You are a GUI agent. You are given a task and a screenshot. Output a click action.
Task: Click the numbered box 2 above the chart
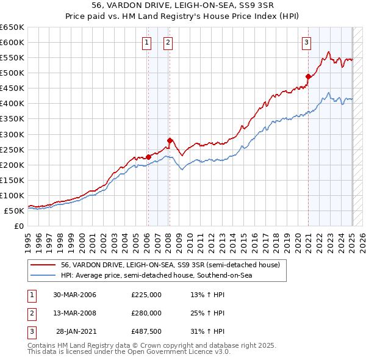pos(168,42)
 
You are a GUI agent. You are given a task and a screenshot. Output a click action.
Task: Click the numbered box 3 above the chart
pos(306,42)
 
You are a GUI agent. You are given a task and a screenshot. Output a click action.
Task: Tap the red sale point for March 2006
pos(148,157)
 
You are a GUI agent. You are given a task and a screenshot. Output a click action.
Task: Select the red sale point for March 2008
pos(170,140)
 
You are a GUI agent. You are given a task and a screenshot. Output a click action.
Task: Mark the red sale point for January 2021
pos(309,77)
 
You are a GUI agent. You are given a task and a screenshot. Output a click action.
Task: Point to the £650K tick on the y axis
pos(12,27)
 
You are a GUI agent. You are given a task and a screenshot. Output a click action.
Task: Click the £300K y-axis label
pos(12,134)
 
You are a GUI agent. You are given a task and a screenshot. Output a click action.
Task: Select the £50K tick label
pos(14,211)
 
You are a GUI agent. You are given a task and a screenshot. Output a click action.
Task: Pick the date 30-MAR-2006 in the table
pos(75,295)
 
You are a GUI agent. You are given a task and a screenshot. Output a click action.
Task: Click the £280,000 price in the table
pos(146,313)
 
